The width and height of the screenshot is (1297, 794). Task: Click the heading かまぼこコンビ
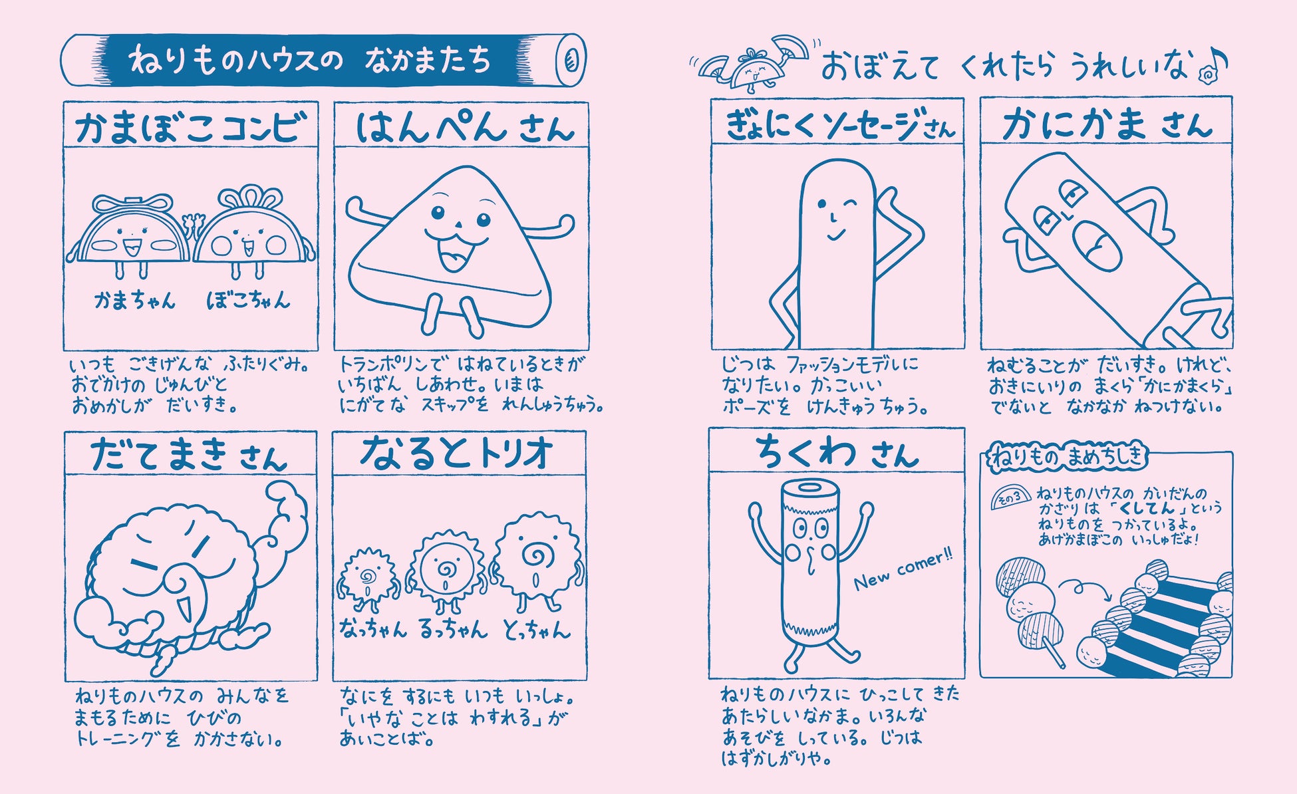[x=191, y=126]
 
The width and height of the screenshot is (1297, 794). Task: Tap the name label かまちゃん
[x=135, y=301]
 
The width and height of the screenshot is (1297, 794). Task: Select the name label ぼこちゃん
[x=249, y=301]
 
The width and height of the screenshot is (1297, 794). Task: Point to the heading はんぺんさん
[x=464, y=126]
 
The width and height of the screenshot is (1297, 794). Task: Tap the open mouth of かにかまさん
[x=1095, y=247]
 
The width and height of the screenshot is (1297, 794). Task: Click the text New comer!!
[x=903, y=571]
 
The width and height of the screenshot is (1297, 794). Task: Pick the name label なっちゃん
[x=372, y=628]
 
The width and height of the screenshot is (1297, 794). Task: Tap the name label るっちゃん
[x=453, y=628]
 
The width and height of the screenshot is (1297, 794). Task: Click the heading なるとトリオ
[x=457, y=453]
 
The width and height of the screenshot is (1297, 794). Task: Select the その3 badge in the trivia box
[x=1010, y=497]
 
